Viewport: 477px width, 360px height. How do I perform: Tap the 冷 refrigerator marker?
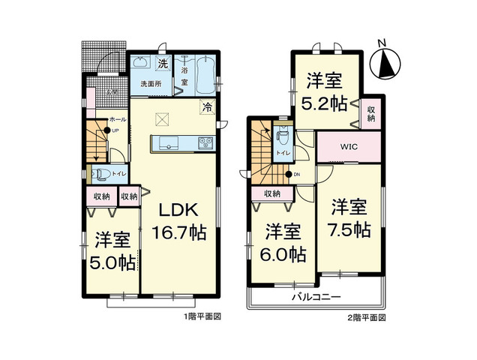point(205,107)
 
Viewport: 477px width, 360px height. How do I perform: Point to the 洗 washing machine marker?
point(162,63)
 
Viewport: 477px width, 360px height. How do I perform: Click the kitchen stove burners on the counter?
point(205,142)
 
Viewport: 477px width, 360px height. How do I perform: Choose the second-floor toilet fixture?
point(283,137)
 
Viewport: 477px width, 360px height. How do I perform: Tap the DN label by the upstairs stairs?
point(297,175)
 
